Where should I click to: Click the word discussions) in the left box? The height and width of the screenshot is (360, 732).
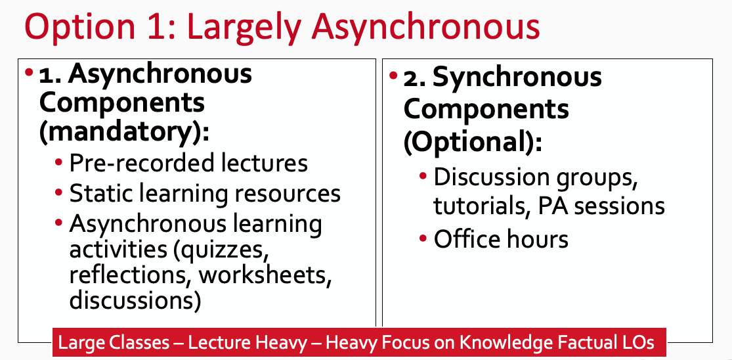point(135,300)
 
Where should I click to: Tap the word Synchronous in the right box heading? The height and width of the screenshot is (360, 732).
point(517,78)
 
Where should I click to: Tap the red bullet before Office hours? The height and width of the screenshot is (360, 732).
point(423,239)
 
